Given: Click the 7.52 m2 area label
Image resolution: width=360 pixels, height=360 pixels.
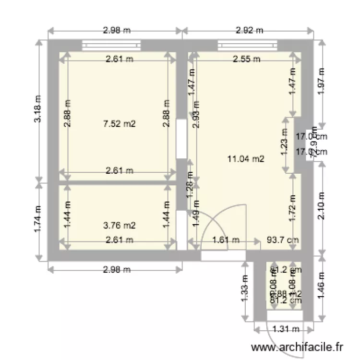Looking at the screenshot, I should [120, 124].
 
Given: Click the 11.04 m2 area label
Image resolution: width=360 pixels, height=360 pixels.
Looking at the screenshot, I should [246, 159].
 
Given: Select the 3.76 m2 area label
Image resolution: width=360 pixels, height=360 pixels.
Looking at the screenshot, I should [120, 225].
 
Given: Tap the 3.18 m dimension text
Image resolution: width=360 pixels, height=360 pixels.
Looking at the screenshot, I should [37, 111].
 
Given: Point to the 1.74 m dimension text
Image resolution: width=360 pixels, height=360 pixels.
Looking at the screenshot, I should [37, 220].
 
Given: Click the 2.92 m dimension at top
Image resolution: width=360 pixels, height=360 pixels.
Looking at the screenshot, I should [250, 30].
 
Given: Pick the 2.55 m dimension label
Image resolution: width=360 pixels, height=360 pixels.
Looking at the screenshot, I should [246, 60].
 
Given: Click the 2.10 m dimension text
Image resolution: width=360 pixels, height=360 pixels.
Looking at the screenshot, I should [322, 205].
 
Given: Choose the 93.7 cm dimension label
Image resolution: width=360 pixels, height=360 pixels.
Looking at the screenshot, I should [282, 240].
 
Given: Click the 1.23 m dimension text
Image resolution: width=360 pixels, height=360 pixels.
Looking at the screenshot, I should [284, 144].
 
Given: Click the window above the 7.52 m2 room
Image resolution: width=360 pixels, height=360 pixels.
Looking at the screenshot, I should [111, 46].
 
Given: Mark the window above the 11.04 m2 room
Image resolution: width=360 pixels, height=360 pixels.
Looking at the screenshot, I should [247, 46].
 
